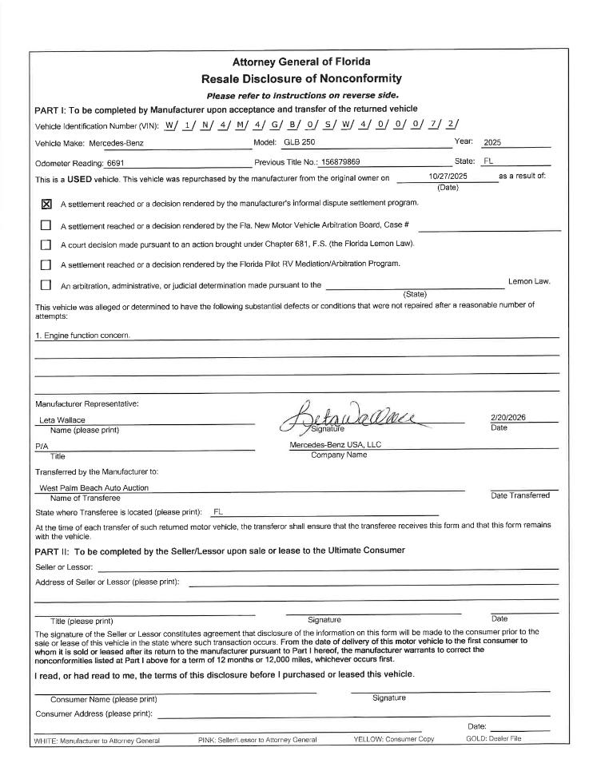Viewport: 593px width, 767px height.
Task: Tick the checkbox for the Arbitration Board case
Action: coord(46,225)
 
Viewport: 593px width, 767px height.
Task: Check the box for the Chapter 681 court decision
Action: coord(46,244)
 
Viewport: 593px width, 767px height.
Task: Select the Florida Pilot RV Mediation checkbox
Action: coord(46,264)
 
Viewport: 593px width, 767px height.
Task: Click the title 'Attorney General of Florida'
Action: coord(300,62)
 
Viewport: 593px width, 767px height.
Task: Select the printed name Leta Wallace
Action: coord(62,420)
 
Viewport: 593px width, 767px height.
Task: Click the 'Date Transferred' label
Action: coord(519,495)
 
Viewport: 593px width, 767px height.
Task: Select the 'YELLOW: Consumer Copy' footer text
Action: coord(393,739)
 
